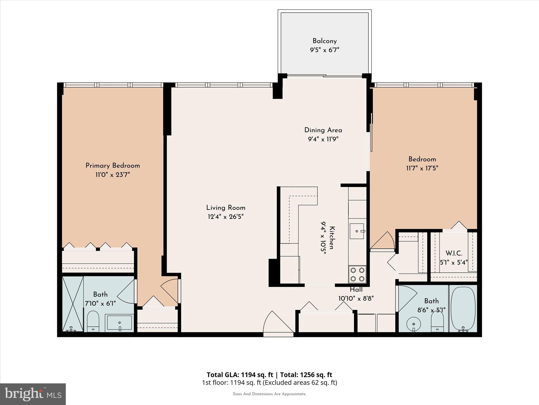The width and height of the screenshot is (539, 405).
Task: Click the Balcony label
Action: (325, 41)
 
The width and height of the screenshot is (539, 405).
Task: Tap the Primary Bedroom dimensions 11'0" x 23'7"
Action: (113, 175)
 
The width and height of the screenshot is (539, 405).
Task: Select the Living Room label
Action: (226, 208)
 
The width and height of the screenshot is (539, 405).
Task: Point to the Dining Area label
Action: (323, 130)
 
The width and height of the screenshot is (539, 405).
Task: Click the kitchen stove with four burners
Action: (357, 274)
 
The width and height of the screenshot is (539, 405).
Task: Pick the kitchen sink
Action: (357, 231)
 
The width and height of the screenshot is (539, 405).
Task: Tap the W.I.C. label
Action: (454, 253)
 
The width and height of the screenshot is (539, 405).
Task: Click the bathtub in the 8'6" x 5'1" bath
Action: (463, 308)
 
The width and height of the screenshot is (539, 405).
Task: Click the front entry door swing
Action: (276, 323)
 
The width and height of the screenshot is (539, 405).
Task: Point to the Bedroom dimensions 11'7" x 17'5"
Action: (422, 168)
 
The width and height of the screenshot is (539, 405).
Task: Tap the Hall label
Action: (356, 290)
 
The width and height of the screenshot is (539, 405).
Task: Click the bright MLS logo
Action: (33, 394)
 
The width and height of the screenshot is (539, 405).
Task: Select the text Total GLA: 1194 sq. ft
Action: (240, 375)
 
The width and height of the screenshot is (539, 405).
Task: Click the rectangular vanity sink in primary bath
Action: (119, 323)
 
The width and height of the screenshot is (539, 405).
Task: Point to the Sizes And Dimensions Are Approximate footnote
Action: (269, 394)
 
